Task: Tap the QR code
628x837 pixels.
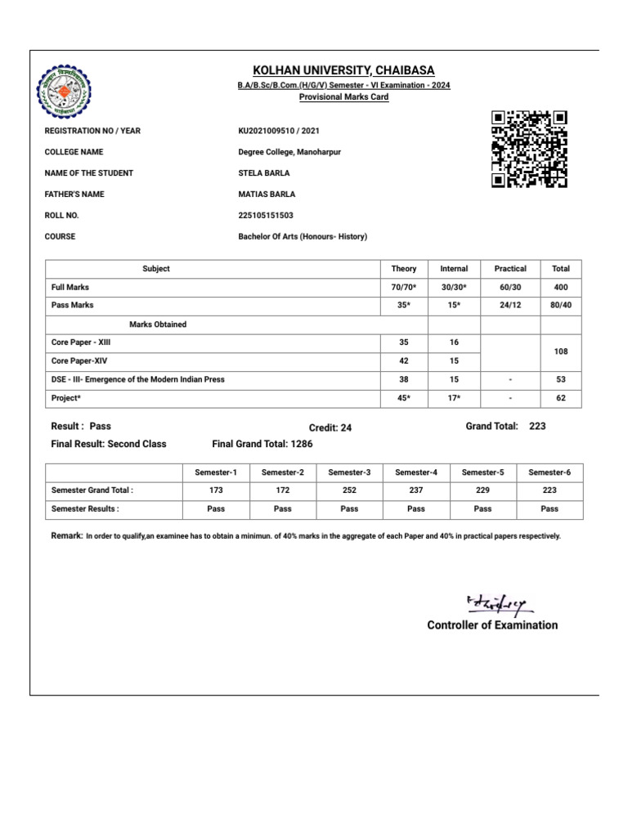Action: tap(529, 150)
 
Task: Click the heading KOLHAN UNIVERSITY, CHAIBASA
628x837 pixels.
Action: tap(343, 70)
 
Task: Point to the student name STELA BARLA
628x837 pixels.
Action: tap(263, 173)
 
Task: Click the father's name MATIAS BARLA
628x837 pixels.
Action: tap(267, 195)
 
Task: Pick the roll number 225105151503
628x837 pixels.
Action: tap(266, 216)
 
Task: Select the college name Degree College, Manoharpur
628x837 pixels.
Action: tap(289, 152)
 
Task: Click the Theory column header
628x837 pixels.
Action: tap(404, 268)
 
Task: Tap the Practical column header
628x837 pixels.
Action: tap(510, 268)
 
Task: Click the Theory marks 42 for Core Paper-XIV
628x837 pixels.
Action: tap(404, 360)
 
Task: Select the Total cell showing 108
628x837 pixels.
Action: tap(561, 351)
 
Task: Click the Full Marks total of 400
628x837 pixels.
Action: tap(561, 288)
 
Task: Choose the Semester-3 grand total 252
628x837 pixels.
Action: tap(349, 490)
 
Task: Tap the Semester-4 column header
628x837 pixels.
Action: tap(416, 472)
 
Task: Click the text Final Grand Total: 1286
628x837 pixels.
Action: tap(262, 444)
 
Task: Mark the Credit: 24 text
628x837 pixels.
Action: tap(330, 427)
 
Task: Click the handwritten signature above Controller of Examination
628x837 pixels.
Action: tap(498, 604)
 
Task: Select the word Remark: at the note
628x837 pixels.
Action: tap(66, 535)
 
